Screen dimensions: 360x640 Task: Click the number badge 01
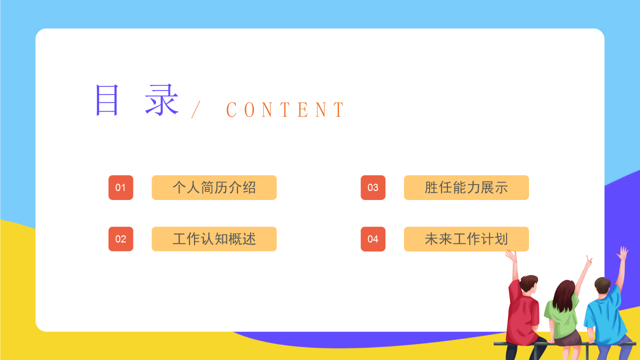[120, 187]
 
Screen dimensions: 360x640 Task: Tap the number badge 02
[120, 239]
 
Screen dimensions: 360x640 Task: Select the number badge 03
[373, 187]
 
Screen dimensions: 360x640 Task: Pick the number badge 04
[373, 239]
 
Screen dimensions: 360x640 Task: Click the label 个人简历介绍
[214, 187]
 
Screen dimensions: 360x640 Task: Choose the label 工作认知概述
[214, 239]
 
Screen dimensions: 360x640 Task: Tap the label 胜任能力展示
[466, 187]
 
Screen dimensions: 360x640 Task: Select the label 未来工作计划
[466, 239]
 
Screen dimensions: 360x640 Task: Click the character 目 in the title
[107, 100]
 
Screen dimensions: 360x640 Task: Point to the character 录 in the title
[162, 100]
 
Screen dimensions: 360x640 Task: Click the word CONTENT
[285, 109]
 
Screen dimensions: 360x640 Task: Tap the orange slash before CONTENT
[195, 109]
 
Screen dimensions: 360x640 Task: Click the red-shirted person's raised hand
[511, 256]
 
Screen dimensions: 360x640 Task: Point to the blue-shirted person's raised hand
[622, 253]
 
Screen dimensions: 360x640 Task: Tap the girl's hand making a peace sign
[588, 261]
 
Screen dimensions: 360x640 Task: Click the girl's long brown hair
[563, 295]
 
